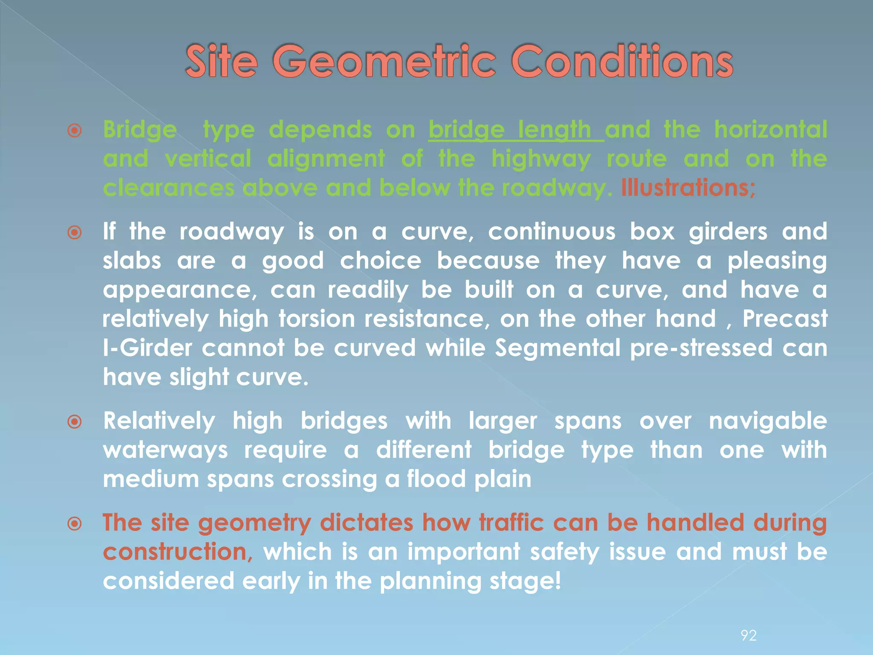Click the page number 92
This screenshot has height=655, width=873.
(749, 636)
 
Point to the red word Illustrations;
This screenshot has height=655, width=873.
(688, 188)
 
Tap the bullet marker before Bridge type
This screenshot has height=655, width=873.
(75, 130)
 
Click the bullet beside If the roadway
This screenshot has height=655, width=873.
(75, 233)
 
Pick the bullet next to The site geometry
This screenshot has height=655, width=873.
(75, 524)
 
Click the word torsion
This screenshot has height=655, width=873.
(317, 319)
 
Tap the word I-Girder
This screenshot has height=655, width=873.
(147, 348)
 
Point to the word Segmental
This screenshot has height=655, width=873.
(558, 348)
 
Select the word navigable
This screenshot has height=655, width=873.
(768, 421)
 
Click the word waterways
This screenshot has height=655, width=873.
(165, 450)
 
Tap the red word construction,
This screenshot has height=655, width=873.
(178, 552)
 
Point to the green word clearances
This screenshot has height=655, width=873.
(168, 188)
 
